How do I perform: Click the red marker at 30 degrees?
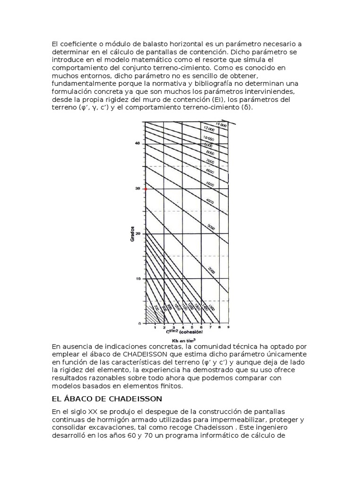pos(145,189)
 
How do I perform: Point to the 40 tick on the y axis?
pos(138,143)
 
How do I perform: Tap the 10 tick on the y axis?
pos(138,279)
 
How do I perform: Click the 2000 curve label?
pos(211,271)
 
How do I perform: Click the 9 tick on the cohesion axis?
pos(228,327)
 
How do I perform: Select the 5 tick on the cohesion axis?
pos(191,327)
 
